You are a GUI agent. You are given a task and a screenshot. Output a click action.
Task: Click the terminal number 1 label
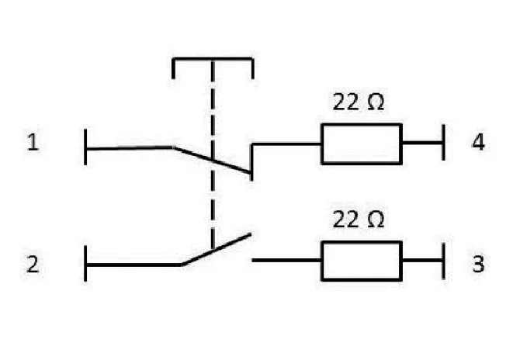[x=33, y=142]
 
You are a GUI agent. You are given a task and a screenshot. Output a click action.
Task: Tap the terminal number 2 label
[x=33, y=265]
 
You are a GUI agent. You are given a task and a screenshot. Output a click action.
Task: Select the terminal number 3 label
[x=478, y=265]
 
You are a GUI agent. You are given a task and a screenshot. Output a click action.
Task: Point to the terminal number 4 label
[x=478, y=142]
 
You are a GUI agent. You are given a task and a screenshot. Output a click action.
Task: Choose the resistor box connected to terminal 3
[x=362, y=241]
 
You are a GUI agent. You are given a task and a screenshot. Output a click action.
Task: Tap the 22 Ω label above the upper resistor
[x=359, y=102]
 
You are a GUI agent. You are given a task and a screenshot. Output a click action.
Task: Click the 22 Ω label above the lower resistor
[x=359, y=219]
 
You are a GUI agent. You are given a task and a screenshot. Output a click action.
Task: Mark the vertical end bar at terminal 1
[x=85, y=147]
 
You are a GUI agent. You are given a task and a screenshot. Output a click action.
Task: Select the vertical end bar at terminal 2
[x=85, y=264]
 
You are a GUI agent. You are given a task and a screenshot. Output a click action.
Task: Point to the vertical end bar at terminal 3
[x=444, y=261]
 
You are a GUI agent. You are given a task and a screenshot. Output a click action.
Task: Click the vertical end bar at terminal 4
[x=444, y=143]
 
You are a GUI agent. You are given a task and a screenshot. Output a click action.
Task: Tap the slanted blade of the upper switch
[x=212, y=160]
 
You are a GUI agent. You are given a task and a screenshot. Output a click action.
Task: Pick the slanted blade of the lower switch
[x=216, y=249]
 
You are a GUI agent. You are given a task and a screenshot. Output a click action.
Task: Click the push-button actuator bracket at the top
[x=213, y=59]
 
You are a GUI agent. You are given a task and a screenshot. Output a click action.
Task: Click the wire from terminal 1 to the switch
[x=130, y=148]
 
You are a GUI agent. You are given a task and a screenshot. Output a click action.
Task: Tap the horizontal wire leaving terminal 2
[x=133, y=265]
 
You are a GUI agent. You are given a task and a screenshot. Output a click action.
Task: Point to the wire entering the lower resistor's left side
[x=287, y=261]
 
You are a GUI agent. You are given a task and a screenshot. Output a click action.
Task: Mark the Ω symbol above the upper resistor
[x=376, y=102]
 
